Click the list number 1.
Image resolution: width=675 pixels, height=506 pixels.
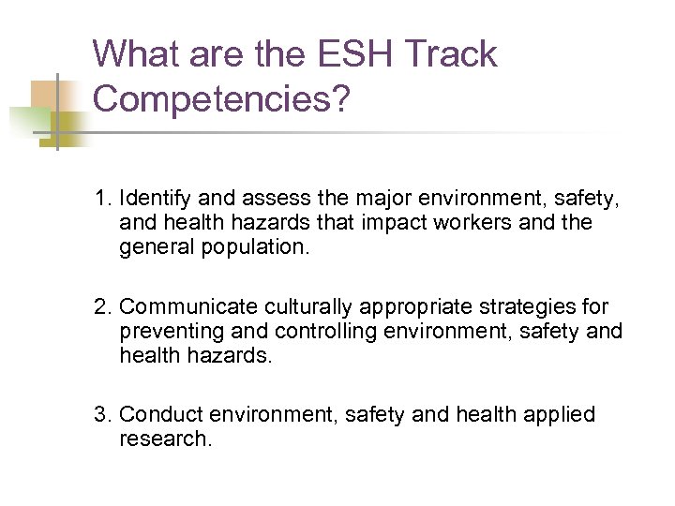pyautogui.click(x=100, y=199)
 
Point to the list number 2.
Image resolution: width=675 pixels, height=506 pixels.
pyautogui.click(x=100, y=306)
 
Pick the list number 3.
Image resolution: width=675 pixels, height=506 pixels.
pyautogui.click(x=100, y=414)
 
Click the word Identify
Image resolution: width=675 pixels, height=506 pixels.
pyautogui.click(x=156, y=199)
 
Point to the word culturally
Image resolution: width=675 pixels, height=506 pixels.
pyautogui.click(x=309, y=306)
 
